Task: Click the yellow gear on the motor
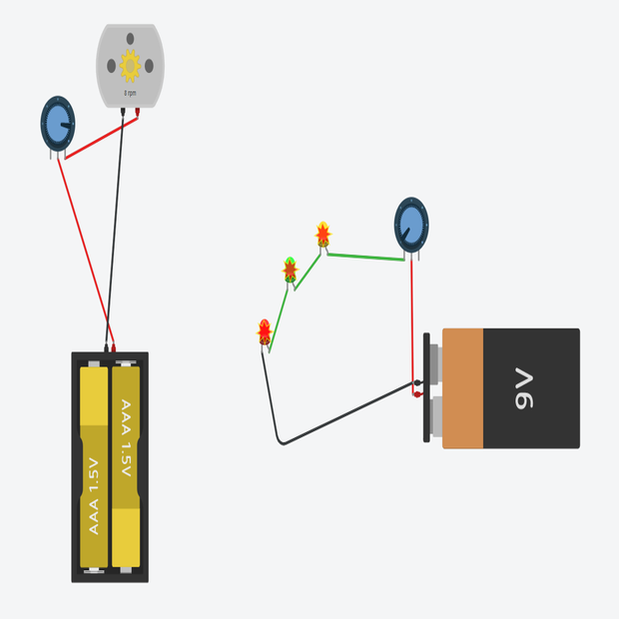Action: click(x=130, y=66)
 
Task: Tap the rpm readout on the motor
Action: click(x=130, y=93)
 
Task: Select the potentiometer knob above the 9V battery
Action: click(x=411, y=223)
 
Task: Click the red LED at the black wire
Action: click(x=265, y=330)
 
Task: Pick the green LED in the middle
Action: click(x=290, y=269)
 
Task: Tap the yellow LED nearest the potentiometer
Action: click(x=322, y=235)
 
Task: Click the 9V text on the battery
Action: click(x=526, y=387)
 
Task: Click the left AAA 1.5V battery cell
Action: click(x=94, y=467)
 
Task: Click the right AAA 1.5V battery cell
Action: click(x=126, y=467)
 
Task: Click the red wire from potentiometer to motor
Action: click(x=100, y=136)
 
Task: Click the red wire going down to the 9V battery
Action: click(x=412, y=319)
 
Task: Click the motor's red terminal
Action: click(x=137, y=111)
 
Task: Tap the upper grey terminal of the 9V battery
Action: click(x=436, y=356)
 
